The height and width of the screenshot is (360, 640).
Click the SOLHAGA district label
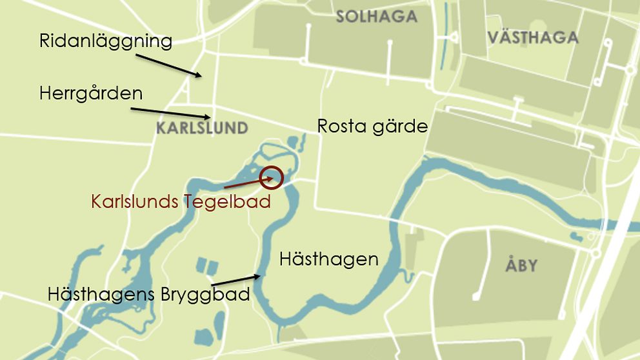coord(376,17)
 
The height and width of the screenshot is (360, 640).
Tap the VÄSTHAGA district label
coord(533,37)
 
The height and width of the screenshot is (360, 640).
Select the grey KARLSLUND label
coord(202,128)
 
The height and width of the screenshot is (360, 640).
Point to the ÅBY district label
coord(521,265)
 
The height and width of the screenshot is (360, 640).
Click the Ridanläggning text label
coord(106,41)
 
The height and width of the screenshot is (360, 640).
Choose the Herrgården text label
coord(90,93)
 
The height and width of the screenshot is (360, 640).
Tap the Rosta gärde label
coord(372,126)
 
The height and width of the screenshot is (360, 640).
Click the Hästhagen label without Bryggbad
coord(328,259)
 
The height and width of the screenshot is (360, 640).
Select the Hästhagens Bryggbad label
coord(148,295)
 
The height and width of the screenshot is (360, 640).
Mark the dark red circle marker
coord(272,177)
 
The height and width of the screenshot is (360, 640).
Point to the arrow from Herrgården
coord(170,113)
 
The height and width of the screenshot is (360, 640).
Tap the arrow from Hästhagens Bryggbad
coord(236,280)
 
